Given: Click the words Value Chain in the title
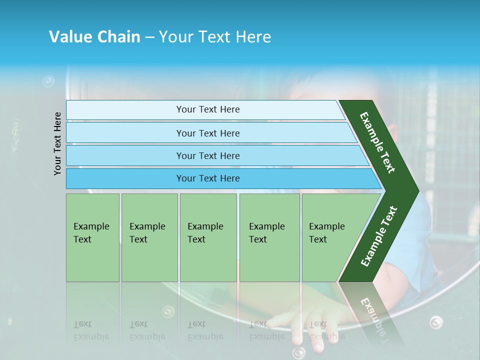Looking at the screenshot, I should point(94,37).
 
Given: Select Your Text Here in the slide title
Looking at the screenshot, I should point(215,37).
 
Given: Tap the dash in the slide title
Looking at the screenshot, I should point(149,37).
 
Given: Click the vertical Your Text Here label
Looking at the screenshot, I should point(58,143).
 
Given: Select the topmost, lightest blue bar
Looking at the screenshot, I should point(207,109).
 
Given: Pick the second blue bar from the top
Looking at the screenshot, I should point(207,133).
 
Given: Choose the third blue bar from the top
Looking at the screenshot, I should point(207,155).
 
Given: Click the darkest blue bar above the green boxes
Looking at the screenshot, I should point(207,178).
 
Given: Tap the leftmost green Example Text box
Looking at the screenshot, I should point(92,237).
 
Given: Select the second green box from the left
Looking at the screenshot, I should point(149,237).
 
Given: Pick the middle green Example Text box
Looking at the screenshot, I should point(208,237).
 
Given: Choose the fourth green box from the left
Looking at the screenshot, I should point(269,237).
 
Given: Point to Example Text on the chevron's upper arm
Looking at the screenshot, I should point(377,142).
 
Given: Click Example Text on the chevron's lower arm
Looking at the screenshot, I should point(379,236).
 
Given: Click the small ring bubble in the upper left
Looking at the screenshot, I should point(48,80).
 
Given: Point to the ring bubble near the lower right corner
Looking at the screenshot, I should point(436,322).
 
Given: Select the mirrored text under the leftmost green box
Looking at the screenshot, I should point(91,330).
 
